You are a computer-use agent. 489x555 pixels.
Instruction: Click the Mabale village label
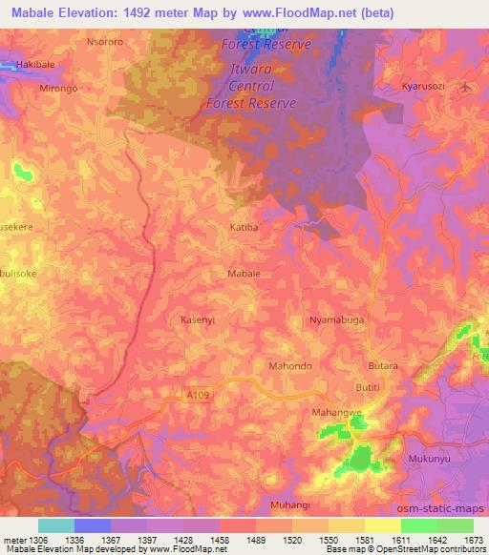244,273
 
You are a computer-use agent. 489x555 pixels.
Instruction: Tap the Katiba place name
245,228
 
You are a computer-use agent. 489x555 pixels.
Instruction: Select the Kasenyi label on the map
200,320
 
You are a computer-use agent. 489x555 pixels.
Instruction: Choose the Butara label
383,366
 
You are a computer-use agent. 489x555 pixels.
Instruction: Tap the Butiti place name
368,387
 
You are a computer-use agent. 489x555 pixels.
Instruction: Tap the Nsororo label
106,43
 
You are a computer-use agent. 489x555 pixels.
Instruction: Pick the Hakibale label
34,66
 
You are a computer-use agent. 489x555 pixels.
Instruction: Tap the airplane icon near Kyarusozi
466,86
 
